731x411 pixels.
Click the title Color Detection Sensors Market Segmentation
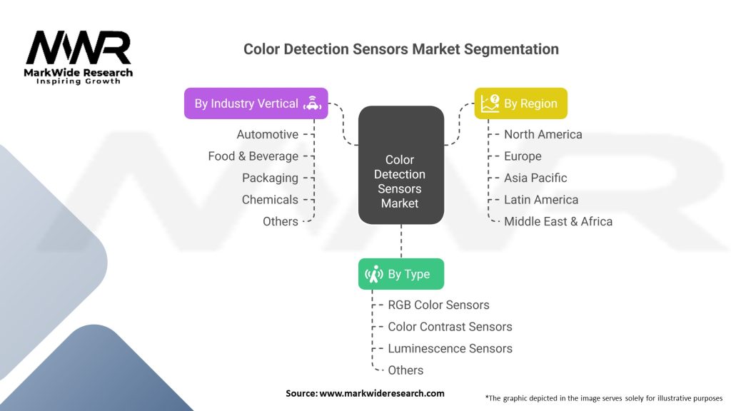pos(400,49)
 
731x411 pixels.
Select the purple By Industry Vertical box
pos(256,103)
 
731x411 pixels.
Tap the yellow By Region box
pos(520,103)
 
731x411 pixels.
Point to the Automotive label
pos(268,134)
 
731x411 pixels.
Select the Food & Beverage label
pos(253,156)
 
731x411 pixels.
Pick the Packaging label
pos(270,178)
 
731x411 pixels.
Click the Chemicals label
pos(270,200)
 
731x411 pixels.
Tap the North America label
pos(543,134)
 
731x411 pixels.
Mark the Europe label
pos(523,156)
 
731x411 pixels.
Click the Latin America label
pos(541,200)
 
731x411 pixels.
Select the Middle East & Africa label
pos(558,221)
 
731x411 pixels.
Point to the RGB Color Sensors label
pos(438,305)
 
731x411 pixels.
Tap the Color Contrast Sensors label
pos(450,327)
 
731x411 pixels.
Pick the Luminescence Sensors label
pos(450,348)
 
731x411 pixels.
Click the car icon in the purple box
pos(312,103)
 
